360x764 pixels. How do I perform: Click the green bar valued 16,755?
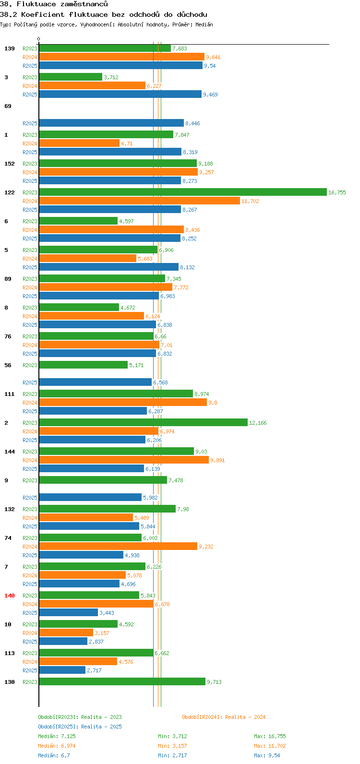click(x=183, y=192)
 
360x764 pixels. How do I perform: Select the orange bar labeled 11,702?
click(x=140, y=201)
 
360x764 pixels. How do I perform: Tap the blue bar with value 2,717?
click(x=62, y=670)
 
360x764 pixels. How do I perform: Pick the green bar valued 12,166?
click(x=144, y=423)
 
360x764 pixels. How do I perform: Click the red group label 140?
click(x=10, y=596)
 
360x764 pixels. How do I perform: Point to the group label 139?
click(x=10, y=48)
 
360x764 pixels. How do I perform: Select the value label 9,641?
click(x=213, y=57)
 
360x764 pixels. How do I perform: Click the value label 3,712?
click(x=111, y=77)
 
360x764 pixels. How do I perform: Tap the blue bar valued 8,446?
click(x=111, y=123)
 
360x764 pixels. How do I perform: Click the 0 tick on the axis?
click(x=38, y=39)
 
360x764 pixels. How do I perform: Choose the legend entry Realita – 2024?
click(x=224, y=717)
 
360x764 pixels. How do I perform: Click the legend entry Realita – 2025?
click(x=80, y=727)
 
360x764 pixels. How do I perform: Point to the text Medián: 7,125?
click(x=57, y=736)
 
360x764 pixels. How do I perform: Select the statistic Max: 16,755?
click(x=270, y=736)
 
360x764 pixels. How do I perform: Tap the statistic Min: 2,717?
click(x=173, y=755)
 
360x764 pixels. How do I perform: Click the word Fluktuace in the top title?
click(x=36, y=4)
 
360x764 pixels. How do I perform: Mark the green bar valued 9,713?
click(x=122, y=681)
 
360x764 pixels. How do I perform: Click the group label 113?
click(x=10, y=653)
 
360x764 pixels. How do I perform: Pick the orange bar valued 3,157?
click(x=66, y=633)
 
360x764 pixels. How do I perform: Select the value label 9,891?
click(x=218, y=460)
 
